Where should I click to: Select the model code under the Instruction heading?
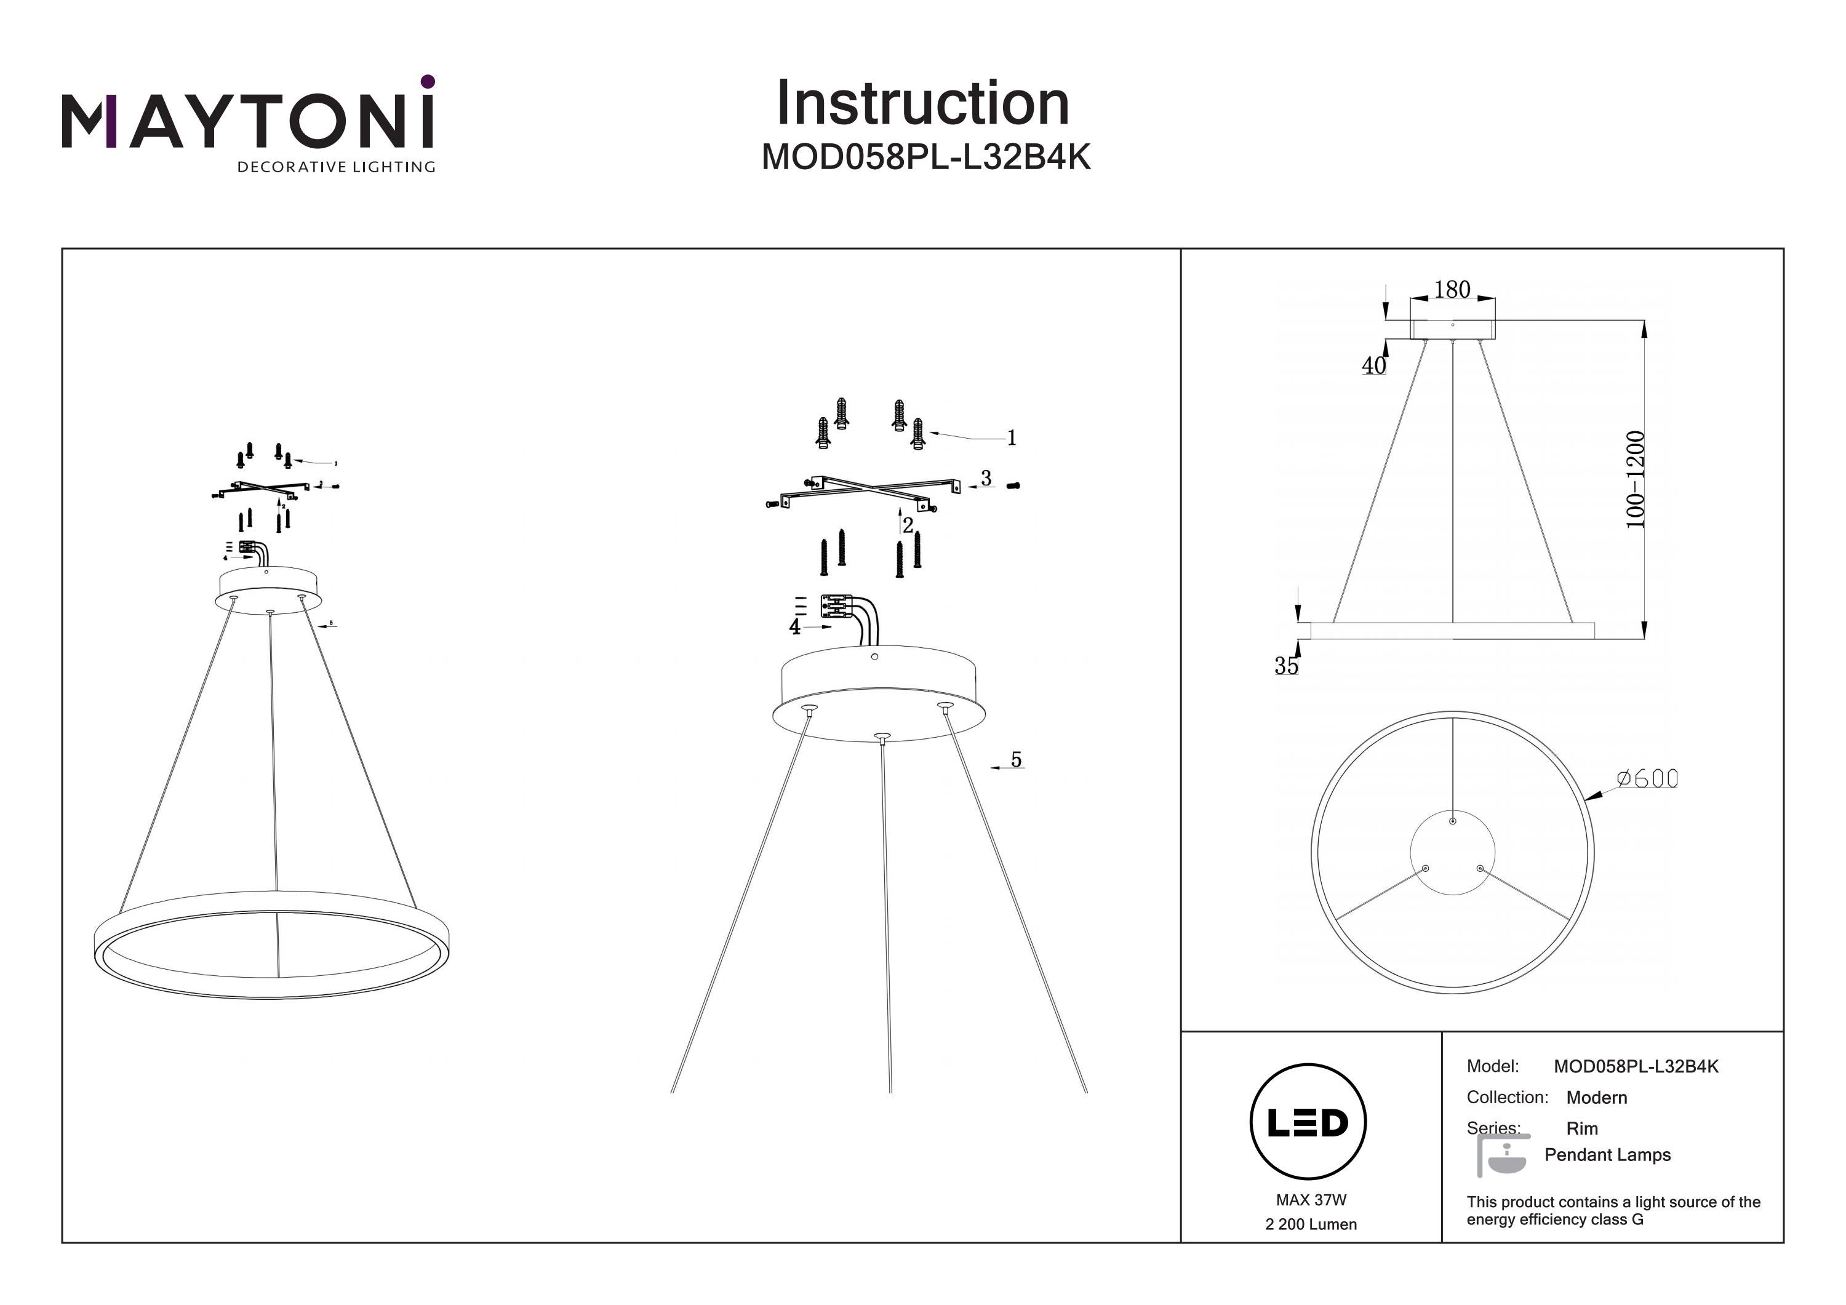pos(925,158)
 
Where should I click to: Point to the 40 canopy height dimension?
pos(1373,366)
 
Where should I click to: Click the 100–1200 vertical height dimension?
pos(1636,480)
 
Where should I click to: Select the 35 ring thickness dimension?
pos(1285,666)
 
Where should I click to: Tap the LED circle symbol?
pos(1308,1122)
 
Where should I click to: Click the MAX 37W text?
pos(1311,1200)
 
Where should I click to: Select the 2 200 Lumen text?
pos(1311,1224)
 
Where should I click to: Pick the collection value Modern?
pos(1596,1098)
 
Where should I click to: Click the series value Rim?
pos(1581,1129)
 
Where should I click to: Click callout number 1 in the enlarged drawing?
pos(1012,438)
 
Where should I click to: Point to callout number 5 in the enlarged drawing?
pos(1017,760)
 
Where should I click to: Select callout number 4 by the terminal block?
pos(795,626)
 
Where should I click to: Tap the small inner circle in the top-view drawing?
pos(1452,852)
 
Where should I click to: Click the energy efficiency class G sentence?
pos(1613,1211)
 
